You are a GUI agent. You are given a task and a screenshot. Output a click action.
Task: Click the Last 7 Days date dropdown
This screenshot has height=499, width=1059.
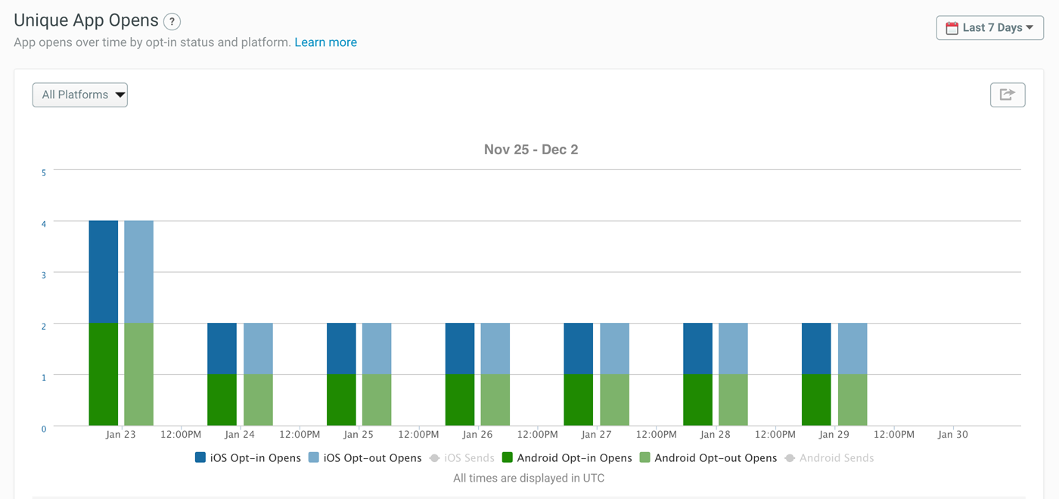tap(989, 28)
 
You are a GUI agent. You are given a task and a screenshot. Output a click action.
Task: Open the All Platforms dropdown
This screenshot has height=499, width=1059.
tap(79, 95)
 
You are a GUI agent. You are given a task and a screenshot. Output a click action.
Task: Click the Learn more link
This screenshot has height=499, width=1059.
tap(325, 42)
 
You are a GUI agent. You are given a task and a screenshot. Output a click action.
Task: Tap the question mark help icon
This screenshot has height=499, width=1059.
tap(172, 22)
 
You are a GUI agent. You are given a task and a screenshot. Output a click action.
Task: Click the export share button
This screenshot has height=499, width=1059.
tap(1007, 95)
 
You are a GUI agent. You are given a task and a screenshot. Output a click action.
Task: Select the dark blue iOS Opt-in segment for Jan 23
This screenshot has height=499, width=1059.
tap(104, 272)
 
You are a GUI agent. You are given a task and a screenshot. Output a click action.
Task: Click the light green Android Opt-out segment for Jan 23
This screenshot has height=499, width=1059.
tap(139, 374)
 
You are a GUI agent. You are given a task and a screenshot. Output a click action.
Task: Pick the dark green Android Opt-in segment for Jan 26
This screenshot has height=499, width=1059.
tap(460, 400)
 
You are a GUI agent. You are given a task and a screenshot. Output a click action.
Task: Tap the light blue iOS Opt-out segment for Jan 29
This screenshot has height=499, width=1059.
tap(852, 349)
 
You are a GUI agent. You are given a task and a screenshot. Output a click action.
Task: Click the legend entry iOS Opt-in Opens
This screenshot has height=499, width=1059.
tap(248, 457)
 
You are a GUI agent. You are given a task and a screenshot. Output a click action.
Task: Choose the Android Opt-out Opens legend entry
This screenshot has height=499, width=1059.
tap(708, 457)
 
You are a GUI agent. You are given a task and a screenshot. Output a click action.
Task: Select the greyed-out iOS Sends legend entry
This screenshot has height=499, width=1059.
tap(462, 457)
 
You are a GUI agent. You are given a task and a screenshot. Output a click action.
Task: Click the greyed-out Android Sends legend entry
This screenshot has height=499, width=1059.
tap(830, 457)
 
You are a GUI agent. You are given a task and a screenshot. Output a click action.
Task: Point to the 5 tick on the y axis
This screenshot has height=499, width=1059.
tap(44, 173)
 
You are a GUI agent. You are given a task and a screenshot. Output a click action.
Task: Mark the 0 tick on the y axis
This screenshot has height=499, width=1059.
tap(44, 429)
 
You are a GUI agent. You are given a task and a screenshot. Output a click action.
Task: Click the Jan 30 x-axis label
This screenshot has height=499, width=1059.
tap(952, 435)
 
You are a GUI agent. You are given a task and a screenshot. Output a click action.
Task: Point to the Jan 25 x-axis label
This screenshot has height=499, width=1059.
tap(359, 435)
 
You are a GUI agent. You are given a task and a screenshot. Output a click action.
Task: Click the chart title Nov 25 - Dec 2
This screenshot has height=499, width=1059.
tap(531, 150)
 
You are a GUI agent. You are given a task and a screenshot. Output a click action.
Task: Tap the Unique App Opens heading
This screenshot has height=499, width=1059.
tap(86, 21)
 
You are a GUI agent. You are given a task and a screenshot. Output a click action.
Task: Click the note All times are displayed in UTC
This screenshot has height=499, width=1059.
tap(529, 478)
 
